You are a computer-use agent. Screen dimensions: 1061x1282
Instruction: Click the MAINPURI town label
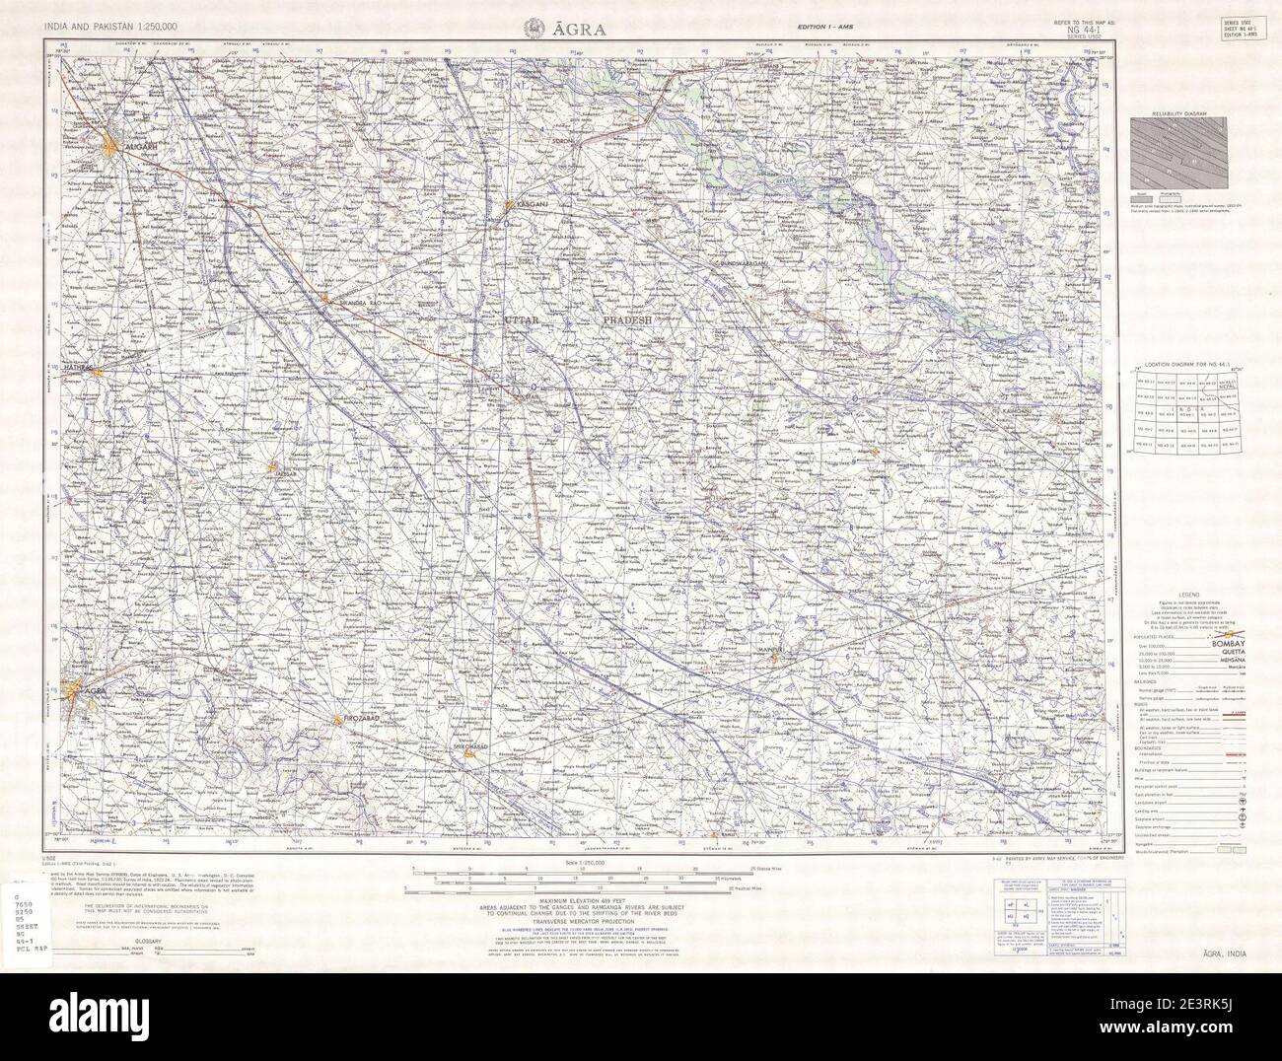click(x=771, y=650)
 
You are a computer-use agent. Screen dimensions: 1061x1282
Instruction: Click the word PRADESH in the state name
click(x=628, y=322)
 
